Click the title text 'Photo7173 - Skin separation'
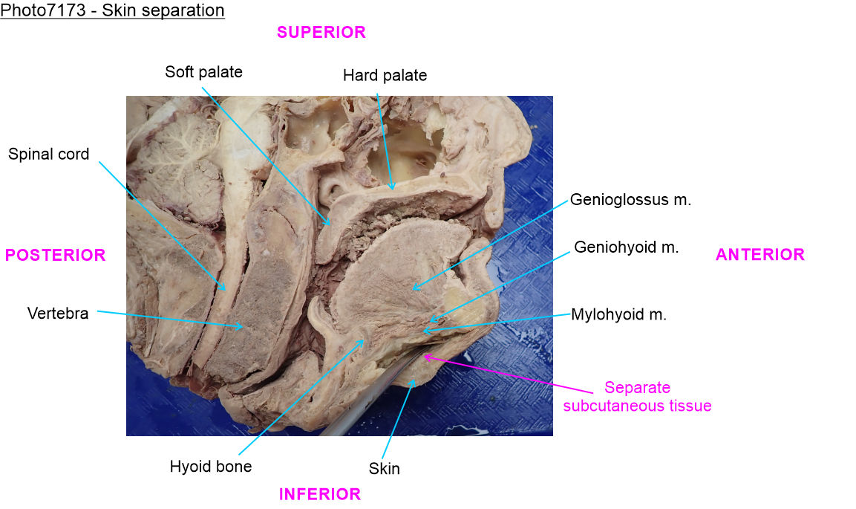113,11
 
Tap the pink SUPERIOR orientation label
321,32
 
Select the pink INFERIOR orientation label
319,494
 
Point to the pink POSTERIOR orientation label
56,255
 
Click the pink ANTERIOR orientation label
759,255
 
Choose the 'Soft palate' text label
203,72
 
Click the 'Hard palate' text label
385,75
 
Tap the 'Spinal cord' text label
49,155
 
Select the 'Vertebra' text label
58,314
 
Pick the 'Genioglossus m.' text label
630,201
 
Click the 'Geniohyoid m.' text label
626,247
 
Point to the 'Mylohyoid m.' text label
618,314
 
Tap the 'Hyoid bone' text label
211,467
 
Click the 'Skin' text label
384,469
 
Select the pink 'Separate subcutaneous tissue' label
637,397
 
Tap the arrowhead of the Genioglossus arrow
414,289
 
